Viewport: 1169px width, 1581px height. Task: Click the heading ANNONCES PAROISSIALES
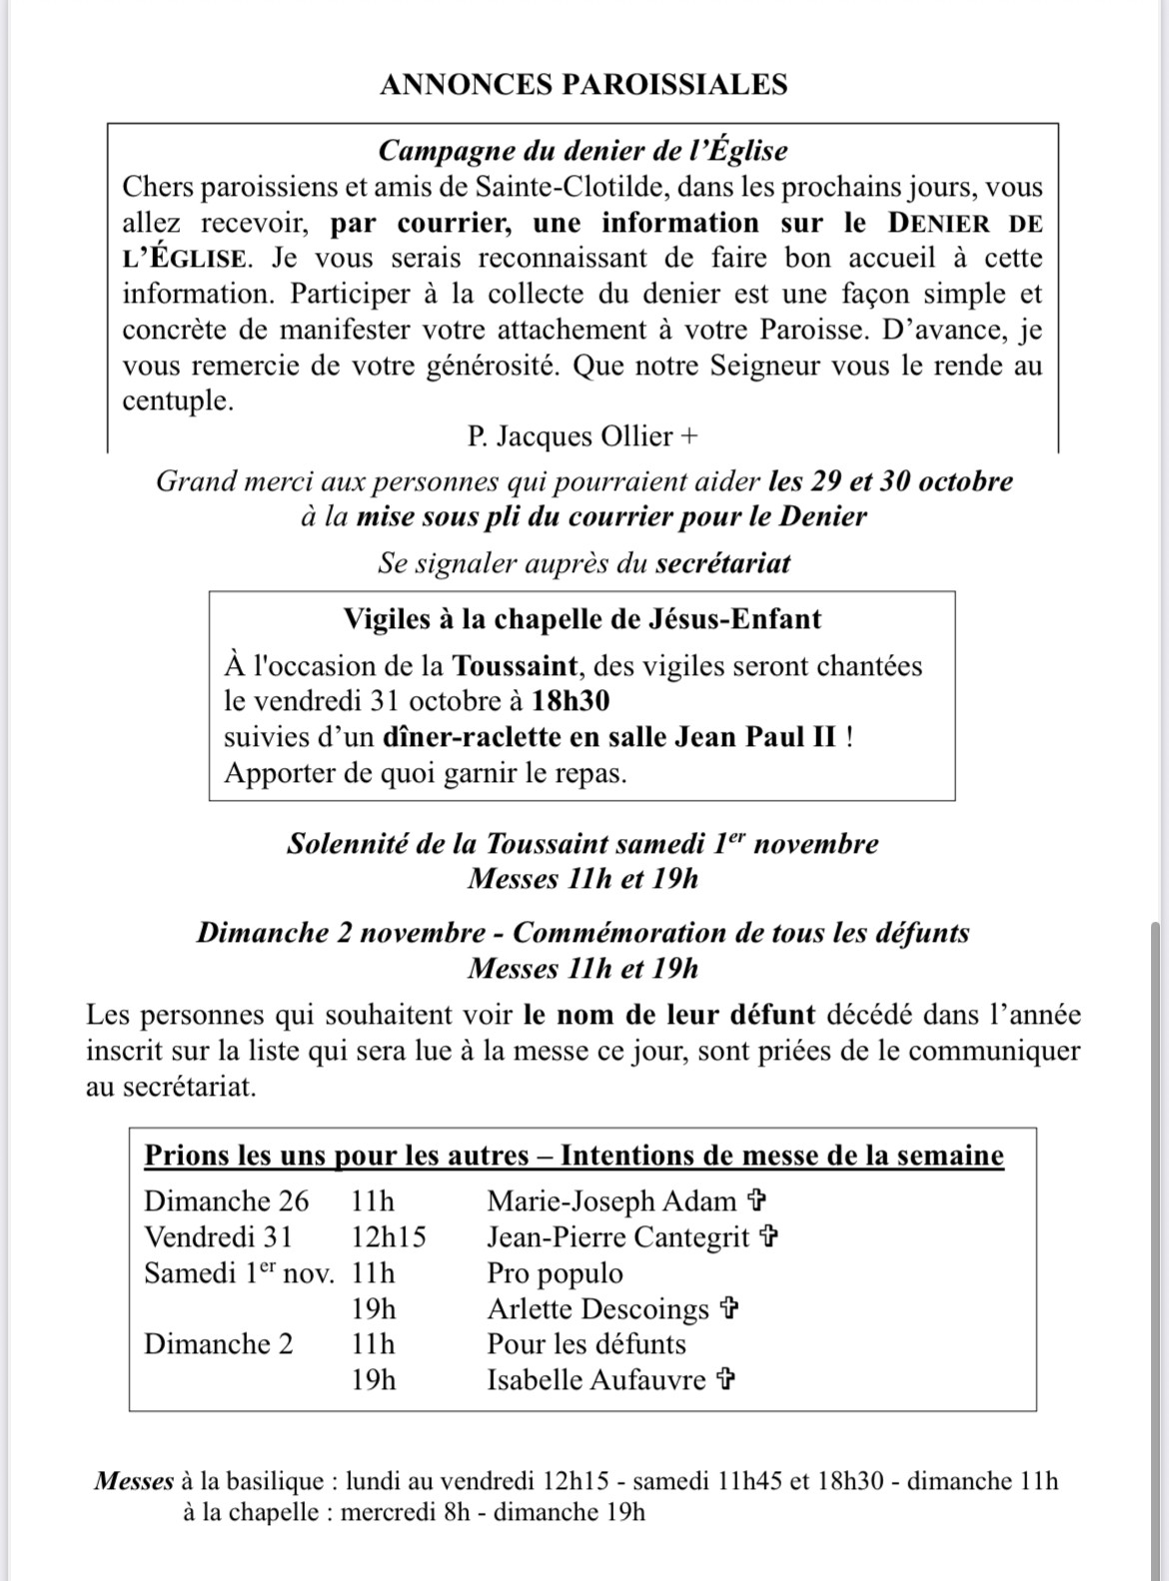point(584,85)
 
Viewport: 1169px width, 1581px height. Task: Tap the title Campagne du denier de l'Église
point(584,151)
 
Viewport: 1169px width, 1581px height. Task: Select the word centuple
point(177,400)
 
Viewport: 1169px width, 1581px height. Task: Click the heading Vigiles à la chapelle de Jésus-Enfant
point(582,619)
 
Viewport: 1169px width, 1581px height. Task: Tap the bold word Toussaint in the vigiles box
point(513,666)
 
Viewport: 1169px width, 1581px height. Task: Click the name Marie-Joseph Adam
point(611,1201)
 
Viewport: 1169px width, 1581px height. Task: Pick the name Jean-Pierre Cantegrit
point(617,1237)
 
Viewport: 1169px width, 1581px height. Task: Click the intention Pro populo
point(555,1273)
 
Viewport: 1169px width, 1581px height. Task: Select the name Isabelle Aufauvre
point(596,1380)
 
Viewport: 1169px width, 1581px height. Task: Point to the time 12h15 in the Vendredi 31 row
point(389,1237)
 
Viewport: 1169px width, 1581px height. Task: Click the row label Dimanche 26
point(227,1201)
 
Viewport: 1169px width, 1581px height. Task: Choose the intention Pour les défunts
point(586,1344)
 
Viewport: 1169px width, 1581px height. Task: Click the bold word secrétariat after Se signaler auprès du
point(722,564)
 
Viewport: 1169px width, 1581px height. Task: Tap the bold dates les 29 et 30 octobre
point(890,481)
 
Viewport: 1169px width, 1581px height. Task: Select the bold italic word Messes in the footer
point(134,1481)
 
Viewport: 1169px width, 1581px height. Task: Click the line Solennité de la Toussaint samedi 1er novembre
point(583,844)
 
